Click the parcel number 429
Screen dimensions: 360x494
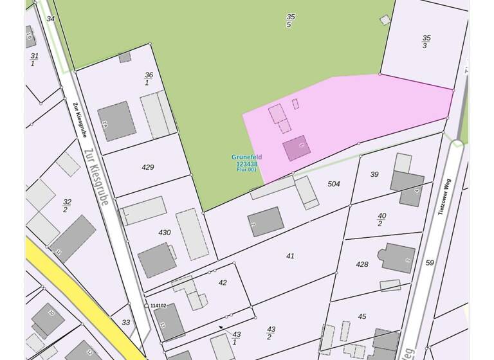[148, 167]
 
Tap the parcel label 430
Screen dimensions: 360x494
[165, 233]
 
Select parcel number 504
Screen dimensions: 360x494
[334, 184]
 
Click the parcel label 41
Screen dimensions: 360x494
[290, 256]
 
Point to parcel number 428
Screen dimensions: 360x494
[362, 264]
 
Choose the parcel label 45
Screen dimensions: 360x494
[362, 316]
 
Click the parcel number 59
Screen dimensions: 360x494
[430, 262]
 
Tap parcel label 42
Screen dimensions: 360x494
[223, 283]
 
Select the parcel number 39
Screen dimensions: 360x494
[374, 174]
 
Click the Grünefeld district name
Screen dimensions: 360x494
[247, 157]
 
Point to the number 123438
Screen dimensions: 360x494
[247, 164]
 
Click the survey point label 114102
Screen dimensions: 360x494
[158, 306]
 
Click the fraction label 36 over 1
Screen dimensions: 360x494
[149, 79]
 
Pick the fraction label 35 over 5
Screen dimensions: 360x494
[290, 21]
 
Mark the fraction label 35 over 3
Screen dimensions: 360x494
[426, 42]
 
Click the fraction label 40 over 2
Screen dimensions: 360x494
[381, 220]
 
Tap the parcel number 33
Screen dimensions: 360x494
[126, 323]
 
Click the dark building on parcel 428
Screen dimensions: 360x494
[398, 257]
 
